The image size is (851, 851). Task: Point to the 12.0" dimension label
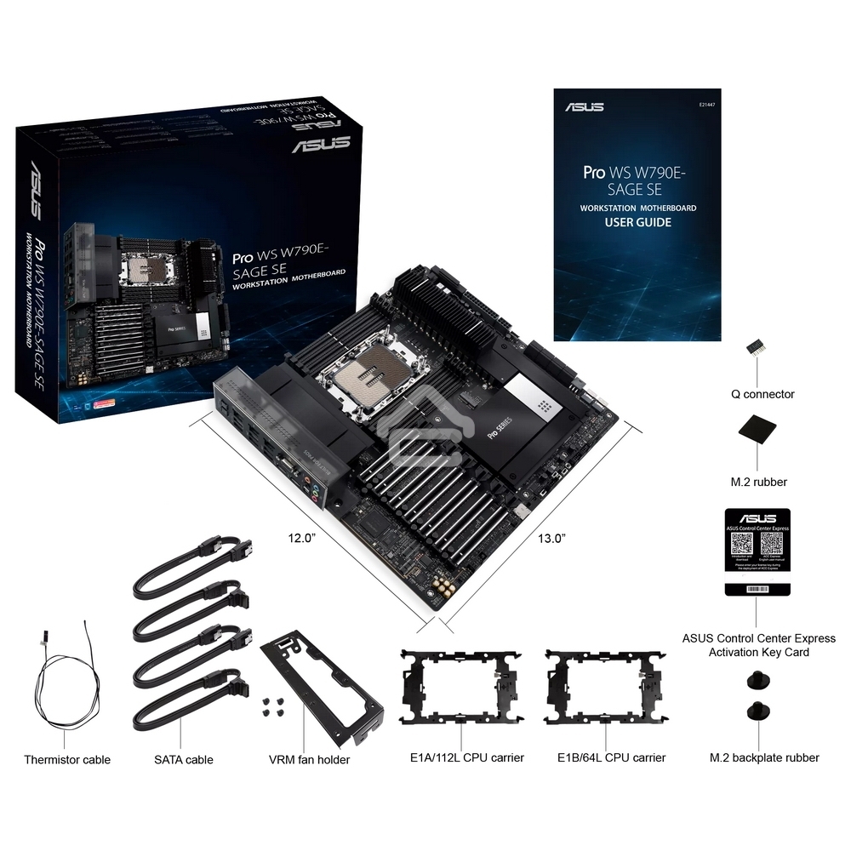pyautogui.click(x=301, y=538)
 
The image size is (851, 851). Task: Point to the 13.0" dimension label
pyautogui.click(x=551, y=538)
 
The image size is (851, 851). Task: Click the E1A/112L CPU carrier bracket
pyautogui.click(x=460, y=685)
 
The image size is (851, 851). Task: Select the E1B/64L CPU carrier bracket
pyautogui.click(x=605, y=685)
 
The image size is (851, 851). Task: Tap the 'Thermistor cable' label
pyautogui.click(x=67, y=759)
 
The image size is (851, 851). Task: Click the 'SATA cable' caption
pyautogui.click(x=184, y=759)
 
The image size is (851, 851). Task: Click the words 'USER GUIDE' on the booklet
pyautogui.click(x=637, y=223)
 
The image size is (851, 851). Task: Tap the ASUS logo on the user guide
pyautogui.click(x=584, y=107)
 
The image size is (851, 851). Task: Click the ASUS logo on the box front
pyautogui.click(x=321, y=144)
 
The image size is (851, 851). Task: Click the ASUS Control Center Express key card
pyautogui.click(x=757, y=551)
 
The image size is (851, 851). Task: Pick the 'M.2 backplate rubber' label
pyautogui.click(x=764, y=757)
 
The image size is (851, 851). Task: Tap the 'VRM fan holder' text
pyautogui.click(x=309, y=759)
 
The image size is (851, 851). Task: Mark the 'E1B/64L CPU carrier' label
pyautogui.click(x=611, y=757)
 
